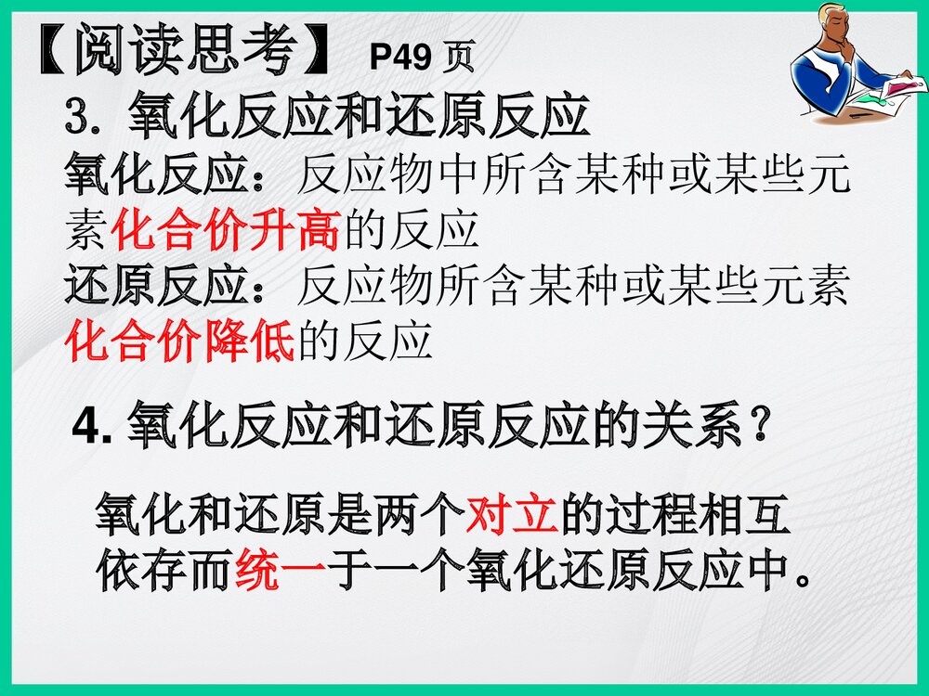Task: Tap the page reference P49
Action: tap(399, 58)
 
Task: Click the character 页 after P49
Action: tap(458, 58)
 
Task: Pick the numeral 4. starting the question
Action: tap(92, 428)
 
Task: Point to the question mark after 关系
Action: tap(759, 428)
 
